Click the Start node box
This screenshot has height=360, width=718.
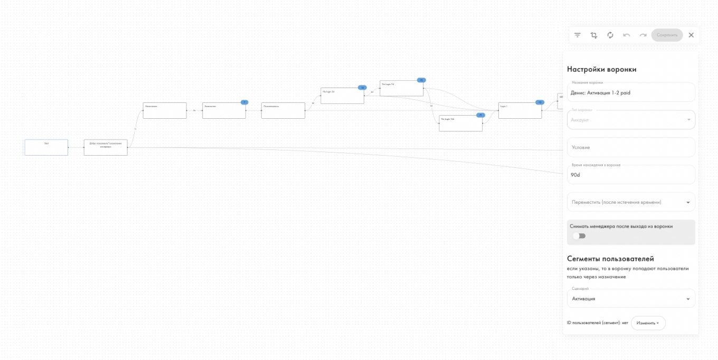[46, 147]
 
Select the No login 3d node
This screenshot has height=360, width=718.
[342, 96]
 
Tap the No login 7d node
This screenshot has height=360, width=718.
[401, 88]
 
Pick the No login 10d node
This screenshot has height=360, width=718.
[460, 123]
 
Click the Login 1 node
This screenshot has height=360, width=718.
[519, 110]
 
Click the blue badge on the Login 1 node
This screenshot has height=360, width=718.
[539, 102]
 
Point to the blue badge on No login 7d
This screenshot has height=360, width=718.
[421, 80]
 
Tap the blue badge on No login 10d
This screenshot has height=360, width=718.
[480, 115]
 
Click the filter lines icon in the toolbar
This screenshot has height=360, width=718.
[578, 35]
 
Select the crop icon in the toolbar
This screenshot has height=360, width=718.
[594, 35]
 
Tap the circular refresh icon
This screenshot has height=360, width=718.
[610, 35]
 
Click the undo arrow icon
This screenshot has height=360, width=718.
[627, 35]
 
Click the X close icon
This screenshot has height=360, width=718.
[691, 35]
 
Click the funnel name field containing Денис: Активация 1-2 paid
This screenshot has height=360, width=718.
[631, 93]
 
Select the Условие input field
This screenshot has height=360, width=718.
[631, 147]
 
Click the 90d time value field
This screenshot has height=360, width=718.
[631, 175]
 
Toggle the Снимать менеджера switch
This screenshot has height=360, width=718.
[579, 236]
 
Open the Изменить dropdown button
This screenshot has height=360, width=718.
[648, 323]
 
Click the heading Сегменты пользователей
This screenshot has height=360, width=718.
[610, 259]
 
